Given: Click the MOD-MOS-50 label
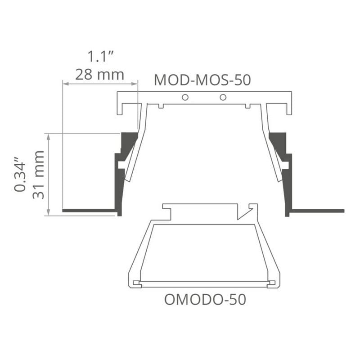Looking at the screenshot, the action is [202, 80].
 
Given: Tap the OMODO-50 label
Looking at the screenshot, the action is [205, 299].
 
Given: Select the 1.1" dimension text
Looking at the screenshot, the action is [101, 56].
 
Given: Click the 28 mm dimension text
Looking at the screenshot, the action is [99, 75].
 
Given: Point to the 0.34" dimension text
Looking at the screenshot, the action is [20, 174].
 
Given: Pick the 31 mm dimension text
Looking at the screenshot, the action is [38, 175].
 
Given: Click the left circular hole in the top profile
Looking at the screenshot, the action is [185, 97].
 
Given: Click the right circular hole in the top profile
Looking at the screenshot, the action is [223, 97].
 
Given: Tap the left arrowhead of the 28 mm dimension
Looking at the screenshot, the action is [66, 84].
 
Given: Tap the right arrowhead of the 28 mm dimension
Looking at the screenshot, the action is [134, 84].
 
